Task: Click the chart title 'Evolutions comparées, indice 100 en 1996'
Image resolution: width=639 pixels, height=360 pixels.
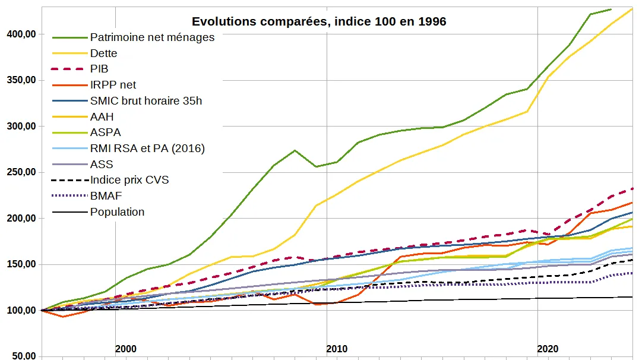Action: point(319,22)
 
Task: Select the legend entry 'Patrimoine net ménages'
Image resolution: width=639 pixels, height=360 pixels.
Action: point(152,37)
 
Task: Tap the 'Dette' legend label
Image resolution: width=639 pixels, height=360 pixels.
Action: point(103,53)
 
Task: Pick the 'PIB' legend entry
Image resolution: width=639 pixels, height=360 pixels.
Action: point(99,69)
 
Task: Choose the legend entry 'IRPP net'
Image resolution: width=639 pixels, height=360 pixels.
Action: point(113,85)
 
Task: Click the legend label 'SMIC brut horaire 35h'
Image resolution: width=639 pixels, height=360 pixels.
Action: point(145,101)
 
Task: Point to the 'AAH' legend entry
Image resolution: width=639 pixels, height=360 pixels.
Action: point(102,116)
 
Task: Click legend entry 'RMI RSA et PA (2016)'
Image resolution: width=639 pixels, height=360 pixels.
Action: point(147,149)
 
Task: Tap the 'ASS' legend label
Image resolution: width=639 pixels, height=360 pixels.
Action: point(102,164)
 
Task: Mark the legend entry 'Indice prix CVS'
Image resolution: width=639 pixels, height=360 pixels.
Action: point(129,180)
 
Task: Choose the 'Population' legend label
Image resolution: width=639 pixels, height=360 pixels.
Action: point(117,211)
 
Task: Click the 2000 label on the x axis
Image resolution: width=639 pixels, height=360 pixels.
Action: point(125,349)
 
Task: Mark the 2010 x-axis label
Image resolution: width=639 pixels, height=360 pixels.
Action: point(336,349)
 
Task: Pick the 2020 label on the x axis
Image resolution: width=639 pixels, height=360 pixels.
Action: point(547,349)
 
